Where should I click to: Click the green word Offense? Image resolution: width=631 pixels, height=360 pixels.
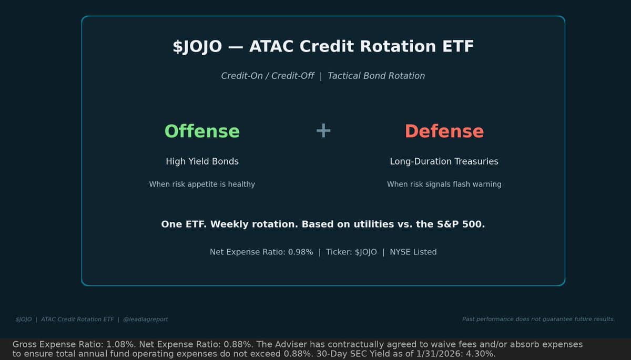(x=202, y=131)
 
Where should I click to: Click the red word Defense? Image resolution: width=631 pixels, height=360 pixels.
(x=444, y=131)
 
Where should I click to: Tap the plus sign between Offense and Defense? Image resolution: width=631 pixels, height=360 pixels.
(x=323, y=130)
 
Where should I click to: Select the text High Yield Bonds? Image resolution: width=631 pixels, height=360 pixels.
(x=202, y=161)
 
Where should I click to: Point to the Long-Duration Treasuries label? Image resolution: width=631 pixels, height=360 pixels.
(x=444, y=161)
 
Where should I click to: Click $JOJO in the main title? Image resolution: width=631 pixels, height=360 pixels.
(x=197, y=46)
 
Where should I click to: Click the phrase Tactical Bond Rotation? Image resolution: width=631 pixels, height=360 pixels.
(x=376, y=76)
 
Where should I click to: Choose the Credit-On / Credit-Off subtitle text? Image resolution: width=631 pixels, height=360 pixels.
(x=267, y=76)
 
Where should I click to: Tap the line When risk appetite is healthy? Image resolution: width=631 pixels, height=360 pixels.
(x=202, y=184)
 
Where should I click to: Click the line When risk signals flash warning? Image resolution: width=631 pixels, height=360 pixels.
(x=444, y=184)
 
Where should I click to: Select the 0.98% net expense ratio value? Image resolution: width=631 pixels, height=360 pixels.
(x=300, y=252)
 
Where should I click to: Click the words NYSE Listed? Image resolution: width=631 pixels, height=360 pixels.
(x=413, y=252)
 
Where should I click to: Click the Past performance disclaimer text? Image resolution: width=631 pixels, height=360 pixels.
(x=538, y=319)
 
